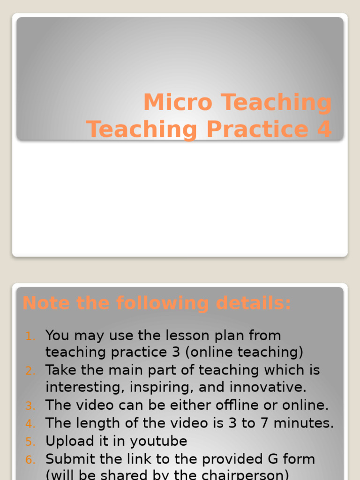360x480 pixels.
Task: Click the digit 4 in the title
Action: tap(324, 129)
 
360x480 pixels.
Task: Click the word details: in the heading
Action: tap(254, 303)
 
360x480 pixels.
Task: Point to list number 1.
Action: tap(30, 336)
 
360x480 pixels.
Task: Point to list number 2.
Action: tap(30, 371)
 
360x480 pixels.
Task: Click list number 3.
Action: tap(30, 405)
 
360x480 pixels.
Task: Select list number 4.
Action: tap(30, 424)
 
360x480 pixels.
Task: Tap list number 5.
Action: tap(30, 442)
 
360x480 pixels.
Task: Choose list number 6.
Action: tap(30, 459)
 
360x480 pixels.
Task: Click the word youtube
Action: tap(158, 442)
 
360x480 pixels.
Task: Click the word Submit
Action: tap(70, 459)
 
